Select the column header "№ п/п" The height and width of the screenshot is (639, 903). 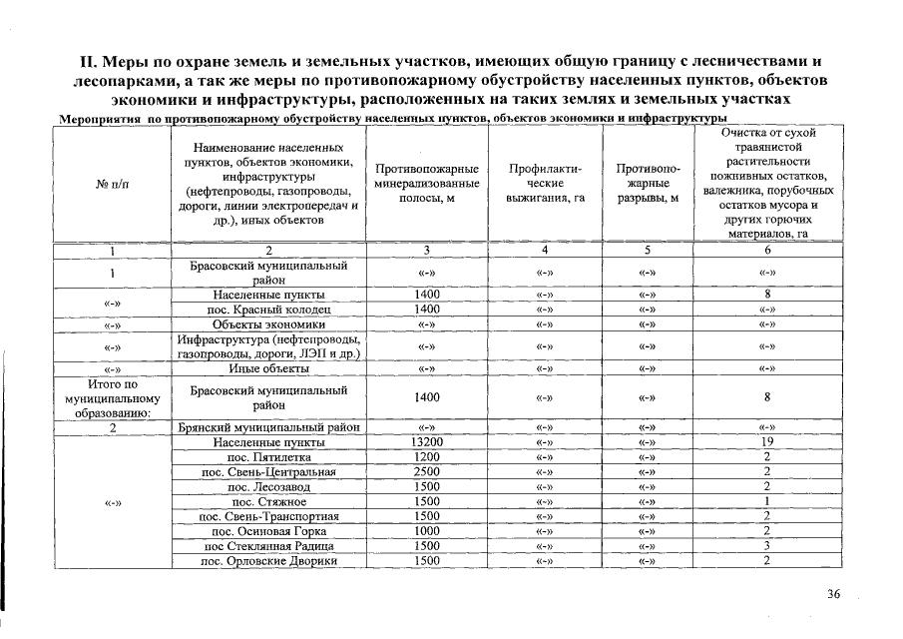point(113,183)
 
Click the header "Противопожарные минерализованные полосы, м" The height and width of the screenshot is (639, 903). point(427,183)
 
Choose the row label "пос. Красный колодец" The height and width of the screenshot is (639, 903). point(269,310)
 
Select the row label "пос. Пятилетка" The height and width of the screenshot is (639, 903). point(269,456)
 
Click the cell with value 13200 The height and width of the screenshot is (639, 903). point(427,441)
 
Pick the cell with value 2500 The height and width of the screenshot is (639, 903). point(427,471)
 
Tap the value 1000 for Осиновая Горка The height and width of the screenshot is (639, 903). point(427,531)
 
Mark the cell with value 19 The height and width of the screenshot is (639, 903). point(767,441)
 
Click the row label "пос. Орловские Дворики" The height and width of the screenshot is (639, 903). point(269,561)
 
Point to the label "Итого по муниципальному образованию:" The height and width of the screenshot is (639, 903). point(113,396)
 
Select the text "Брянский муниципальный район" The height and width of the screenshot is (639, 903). point(269,427)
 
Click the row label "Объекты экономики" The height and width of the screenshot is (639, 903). point(269,324)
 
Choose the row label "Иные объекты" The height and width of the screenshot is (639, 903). point(269,368)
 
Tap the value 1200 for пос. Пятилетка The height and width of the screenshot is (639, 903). point(427,456)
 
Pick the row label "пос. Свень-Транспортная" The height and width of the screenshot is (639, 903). point(269,516)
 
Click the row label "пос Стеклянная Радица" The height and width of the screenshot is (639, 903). point(269,546)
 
